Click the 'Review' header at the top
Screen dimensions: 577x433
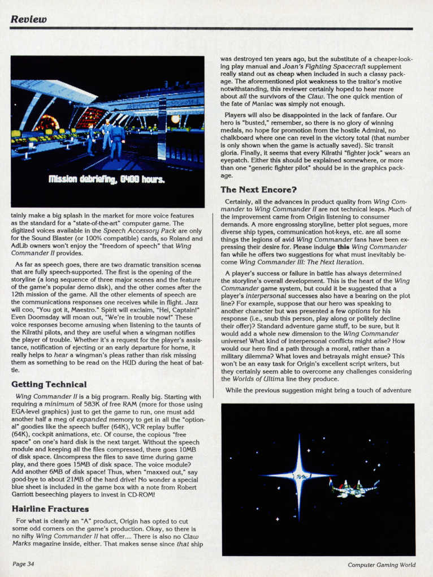click(x=28, y=19)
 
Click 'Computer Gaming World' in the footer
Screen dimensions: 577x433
click(x=382, y=564)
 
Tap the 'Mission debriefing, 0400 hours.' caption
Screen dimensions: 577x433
click(x=106, y=180)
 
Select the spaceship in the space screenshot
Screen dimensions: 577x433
click(x=354, y=488)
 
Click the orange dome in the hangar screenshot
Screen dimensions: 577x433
click(x=47, y=122)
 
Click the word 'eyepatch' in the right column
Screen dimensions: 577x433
click(x=237, y=160)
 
